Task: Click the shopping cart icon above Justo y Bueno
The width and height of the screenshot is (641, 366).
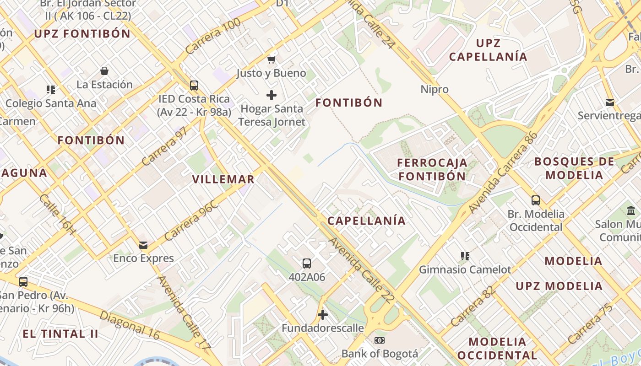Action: [272, 59]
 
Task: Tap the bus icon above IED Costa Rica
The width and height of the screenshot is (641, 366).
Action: [194, 85]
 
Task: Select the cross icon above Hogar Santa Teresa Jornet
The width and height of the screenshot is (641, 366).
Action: [272, 95]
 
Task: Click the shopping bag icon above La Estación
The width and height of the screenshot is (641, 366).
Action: [104, 71]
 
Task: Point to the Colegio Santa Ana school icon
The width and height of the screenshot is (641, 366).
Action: [51, 90]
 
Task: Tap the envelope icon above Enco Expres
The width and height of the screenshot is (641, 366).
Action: [144, 245]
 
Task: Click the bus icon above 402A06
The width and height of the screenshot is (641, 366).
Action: [307, 264]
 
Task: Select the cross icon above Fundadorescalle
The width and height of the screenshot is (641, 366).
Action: [323, 315]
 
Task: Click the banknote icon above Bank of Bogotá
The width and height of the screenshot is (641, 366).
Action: [380, 340]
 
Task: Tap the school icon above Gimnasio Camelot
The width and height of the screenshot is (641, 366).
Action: [465, 256]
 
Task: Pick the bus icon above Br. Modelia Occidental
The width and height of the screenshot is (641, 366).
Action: [536, 200]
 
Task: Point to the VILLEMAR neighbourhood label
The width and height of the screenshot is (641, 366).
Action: [223, 179]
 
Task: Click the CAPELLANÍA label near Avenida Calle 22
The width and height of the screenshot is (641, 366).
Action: [366, 221]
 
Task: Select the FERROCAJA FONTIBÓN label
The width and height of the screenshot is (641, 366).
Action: [432, 169]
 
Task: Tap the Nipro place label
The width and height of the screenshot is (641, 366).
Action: [435, 89]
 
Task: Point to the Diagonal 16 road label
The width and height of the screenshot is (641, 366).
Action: [130, 325]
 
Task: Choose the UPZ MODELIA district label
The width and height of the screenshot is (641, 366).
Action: [559, 286]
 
